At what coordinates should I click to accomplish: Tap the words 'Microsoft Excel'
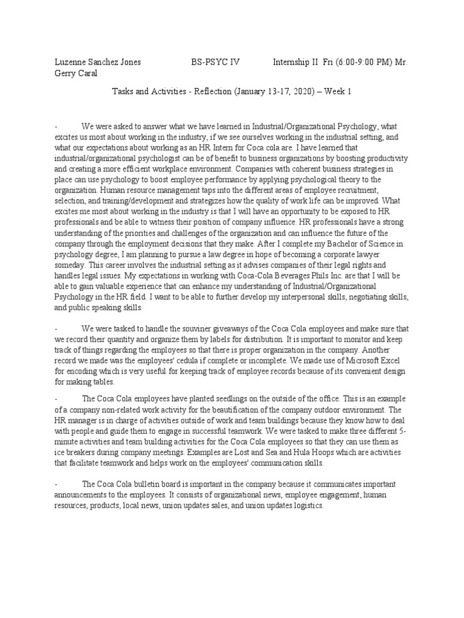coord(381,361)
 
